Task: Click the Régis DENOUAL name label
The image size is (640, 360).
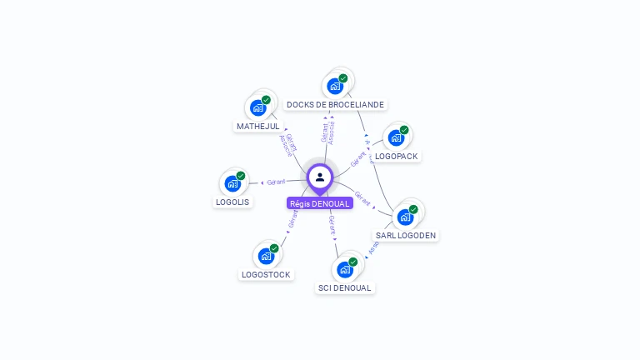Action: pyautogui.click(x=320, y=203)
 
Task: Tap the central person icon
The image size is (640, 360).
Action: pyautogui.click(x=320, y=177)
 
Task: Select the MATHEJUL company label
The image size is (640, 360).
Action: pyautogui.click(x=257, y=127)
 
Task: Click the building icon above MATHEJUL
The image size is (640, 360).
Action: pyautogui.click(x=258, y=107)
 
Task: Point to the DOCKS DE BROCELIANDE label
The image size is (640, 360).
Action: pyautogui.click(x=335, y=105)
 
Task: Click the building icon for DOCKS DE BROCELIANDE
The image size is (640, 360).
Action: pyautogui.click(x=335, y=85)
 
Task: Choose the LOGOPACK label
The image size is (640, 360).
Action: pyautogui.click(x=397, y=156)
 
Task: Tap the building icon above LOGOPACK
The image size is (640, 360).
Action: pyautogui.click(x=396, y=137)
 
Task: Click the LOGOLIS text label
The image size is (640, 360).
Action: pyautogui.click(x=232, y=202)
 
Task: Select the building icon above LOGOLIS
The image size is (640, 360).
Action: pyautogui.click(x=232, y=182)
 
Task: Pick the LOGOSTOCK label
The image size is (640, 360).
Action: pyautogui.click(x=266, y=274)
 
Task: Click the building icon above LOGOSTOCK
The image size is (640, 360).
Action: pyautogui.click(x=266, y=255)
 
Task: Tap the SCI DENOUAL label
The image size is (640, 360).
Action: pyautogui.click(x=344, y=288)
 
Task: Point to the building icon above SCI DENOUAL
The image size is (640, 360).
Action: pyautogui.click(x=345, y=269)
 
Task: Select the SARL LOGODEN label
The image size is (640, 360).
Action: pyautogui.click(x=406, y=236)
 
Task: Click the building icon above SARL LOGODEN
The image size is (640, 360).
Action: pyautogui.click(x=405, y=217)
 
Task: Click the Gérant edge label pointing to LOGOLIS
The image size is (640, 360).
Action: pyautogui.click(x=276, y=182)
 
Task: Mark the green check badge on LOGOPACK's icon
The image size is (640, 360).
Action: pyautogui.click(x=404, y=130)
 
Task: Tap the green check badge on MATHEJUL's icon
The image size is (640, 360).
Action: pyautogui.click(x=267, y=100)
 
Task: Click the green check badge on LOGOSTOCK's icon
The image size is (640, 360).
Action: pyautogui.click(x=274, y=248)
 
